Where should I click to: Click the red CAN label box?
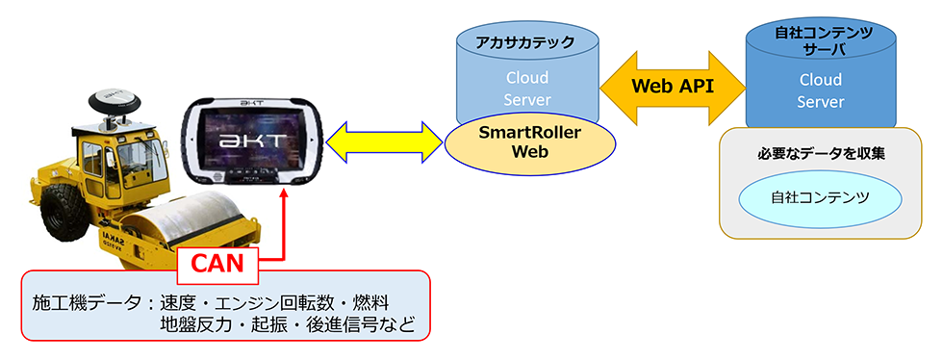click(x=220, y=260)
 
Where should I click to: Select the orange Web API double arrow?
click(x=673, y=86)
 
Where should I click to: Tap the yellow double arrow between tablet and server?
click(x=385, y=142)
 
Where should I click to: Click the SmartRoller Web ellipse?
click(x=529, y=141)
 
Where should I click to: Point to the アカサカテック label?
click(x=527, y=42)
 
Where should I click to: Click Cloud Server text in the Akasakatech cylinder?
click(x=527, y=89)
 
